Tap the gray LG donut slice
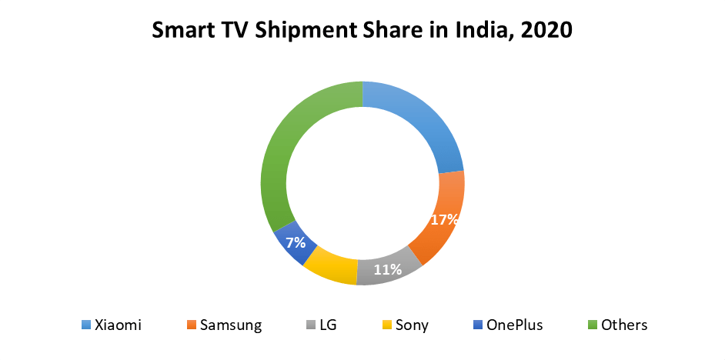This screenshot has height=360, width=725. click(389, 271)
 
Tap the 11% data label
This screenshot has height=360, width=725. click(388, 269)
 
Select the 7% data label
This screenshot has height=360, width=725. click(296, 243)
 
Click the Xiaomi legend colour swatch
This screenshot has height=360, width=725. click(85, 325)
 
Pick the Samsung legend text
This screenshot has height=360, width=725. click(231, 325)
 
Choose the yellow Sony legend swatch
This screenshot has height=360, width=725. click(386, 325)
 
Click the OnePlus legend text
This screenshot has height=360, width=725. click(514, 325)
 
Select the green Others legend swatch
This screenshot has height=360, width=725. click(591, 325)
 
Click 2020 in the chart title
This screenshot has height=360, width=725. click(549, 31)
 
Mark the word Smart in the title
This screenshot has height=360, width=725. click(180, 31)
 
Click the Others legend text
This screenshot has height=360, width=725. click(624, 325)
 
